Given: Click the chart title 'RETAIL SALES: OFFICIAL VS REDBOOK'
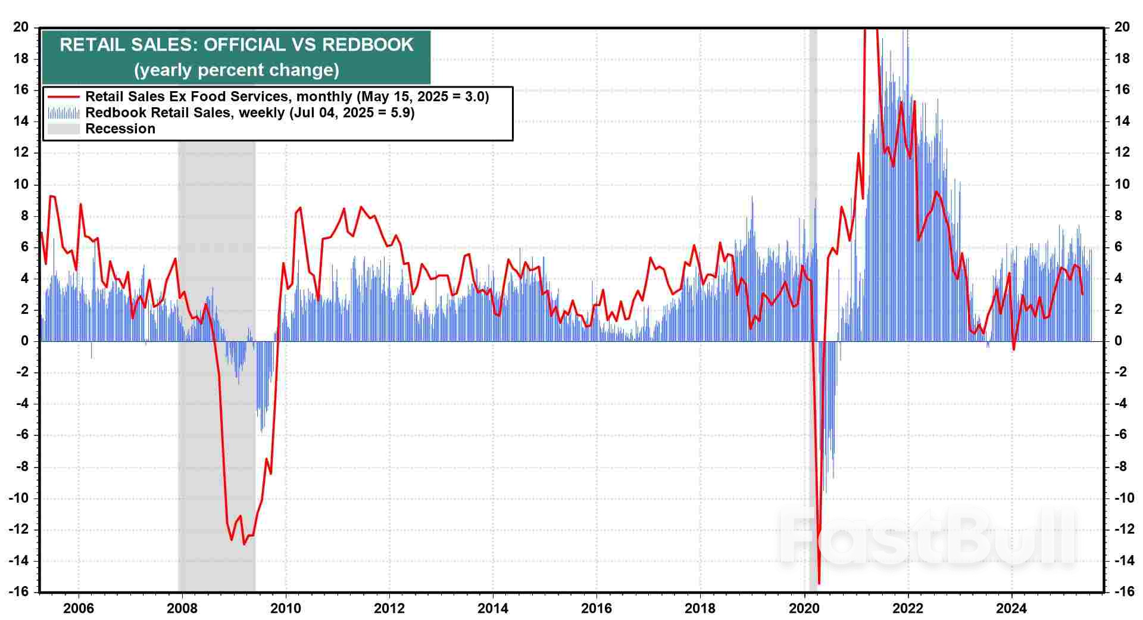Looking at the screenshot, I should click(x=236, y=45).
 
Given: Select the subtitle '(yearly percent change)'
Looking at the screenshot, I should click(x=236, y=70).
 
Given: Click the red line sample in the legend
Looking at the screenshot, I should click(x=63, y=96).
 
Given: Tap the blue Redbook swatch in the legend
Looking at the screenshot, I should click(x=63, y=113).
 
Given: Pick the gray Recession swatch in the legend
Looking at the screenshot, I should click(x=63, y=129).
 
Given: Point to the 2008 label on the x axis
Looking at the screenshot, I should click(x=182, y=608).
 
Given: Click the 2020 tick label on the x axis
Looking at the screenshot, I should click(x=804, y=608).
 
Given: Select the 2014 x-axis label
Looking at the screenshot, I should click(x=493, y=608).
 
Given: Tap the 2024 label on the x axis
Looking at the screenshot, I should click(x=1011, y=608).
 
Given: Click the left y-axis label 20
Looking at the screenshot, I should click(x=21, y=27).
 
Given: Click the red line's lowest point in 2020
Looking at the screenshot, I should click(x=819, y=583).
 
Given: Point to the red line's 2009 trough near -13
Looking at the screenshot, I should click(x=244, y=544).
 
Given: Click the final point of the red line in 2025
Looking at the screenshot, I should click(x=1082, y=294).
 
